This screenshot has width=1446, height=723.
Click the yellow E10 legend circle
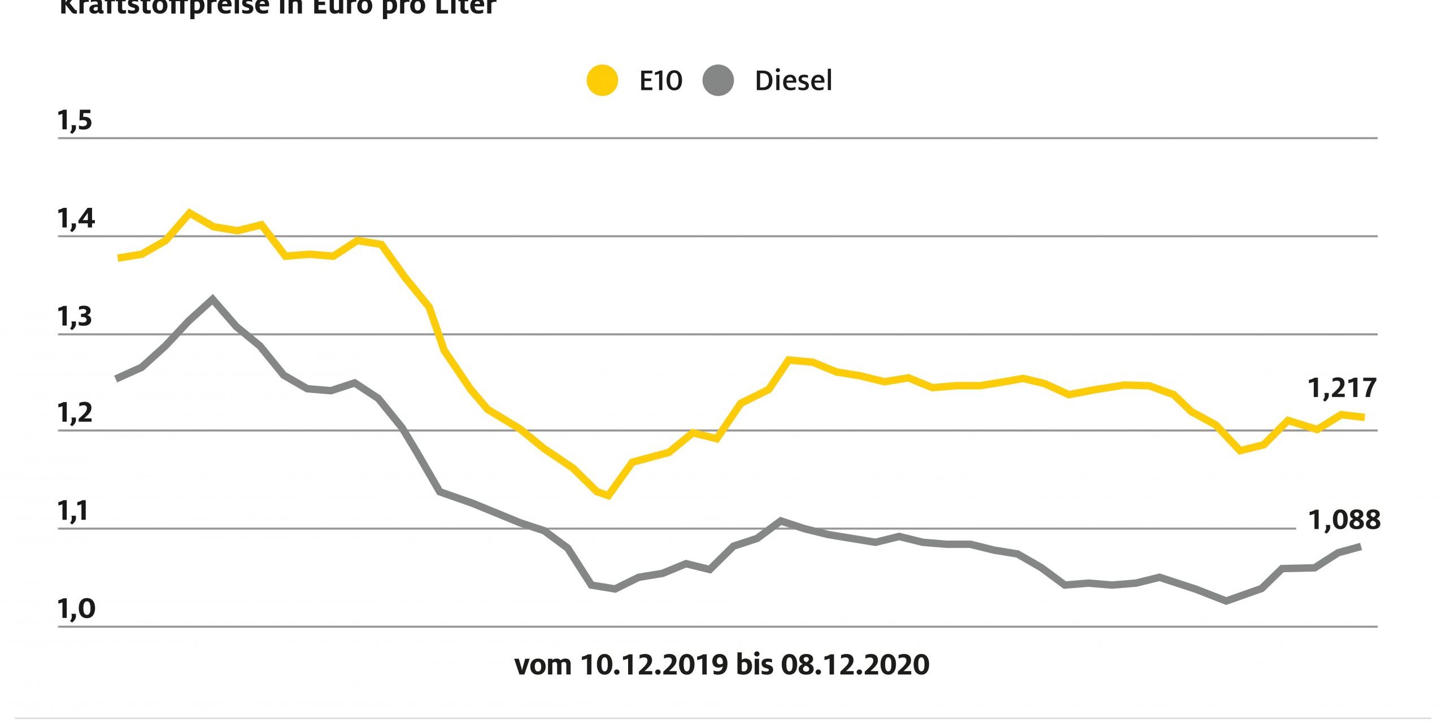click(602, 81)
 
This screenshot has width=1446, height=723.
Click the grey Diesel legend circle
click(718, 81)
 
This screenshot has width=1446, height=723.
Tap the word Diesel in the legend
click(793, 81)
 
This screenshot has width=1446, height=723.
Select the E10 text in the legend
click(660, 81)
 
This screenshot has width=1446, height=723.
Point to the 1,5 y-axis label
click(75, 121)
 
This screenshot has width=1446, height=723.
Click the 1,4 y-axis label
click(76, 219)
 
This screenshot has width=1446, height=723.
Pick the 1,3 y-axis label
click(75, 317)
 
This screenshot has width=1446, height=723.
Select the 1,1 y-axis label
click(73, 512)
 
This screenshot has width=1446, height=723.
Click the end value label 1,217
click(1342, 389)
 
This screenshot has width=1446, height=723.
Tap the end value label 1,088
click(1344, 520)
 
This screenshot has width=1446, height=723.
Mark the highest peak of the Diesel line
click(212, 298)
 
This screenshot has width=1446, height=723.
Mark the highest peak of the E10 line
click(189, 212)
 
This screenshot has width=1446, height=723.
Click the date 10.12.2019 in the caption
click(654, 665)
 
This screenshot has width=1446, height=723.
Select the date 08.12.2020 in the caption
click(855, 665)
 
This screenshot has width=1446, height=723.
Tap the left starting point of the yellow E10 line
click(118, 258)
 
